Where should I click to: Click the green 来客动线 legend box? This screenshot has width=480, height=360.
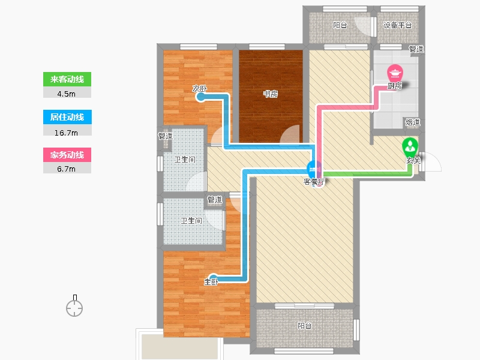(67, 79)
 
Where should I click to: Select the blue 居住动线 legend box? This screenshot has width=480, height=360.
(67, 117)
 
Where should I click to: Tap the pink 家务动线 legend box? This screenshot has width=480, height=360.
(67, 155)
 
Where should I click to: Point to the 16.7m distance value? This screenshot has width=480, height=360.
(66, 133)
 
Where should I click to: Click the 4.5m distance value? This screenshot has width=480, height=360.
(66, 94)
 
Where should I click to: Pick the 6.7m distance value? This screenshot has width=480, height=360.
(66, 169)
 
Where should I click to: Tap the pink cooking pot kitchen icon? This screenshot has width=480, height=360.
(395, 73)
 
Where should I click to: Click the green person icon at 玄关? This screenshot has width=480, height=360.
(410, 146)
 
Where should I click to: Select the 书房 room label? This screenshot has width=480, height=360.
(271, 94)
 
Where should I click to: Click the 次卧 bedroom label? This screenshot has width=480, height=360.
(200, 89)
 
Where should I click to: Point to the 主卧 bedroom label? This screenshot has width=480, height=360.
(211, 281)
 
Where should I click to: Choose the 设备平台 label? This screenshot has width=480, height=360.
(397, 25)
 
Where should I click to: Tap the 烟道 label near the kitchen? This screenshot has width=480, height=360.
(413, 122)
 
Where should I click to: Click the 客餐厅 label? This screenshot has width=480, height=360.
(314, 182)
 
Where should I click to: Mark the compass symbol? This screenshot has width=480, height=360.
(74, 306)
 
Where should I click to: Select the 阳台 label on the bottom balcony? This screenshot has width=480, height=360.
(305, 326)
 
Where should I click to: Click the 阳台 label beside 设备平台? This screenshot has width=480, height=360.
(340, 25)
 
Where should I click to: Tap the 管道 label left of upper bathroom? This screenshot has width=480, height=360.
(166, 136)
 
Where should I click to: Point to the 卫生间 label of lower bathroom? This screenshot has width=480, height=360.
(191, 220)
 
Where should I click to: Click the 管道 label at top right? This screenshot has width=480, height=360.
(416, 49)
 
